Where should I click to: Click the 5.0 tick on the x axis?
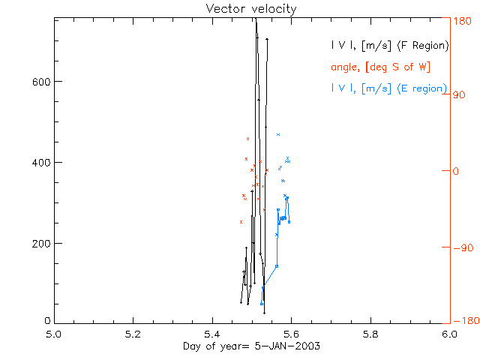[x=54, y=333]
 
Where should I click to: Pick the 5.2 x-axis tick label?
[x=133, y=333]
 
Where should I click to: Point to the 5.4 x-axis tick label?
[x=212, y=333]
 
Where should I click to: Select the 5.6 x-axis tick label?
[x=291, y=333]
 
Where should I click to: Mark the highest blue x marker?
[x=278, y=134]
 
